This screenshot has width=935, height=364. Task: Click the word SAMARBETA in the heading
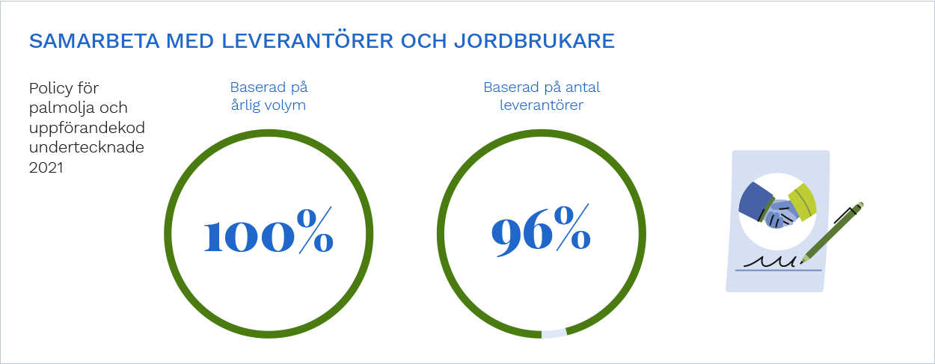coord(94,41)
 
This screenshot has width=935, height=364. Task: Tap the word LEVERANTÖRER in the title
coord(307,40)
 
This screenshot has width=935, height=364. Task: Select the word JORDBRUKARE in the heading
coord(534,41)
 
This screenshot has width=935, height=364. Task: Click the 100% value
coord(269,230)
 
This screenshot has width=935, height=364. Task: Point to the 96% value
coord(541,229)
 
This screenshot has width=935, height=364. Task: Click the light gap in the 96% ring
coord(554,333)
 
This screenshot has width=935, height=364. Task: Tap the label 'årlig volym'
coord(269,105)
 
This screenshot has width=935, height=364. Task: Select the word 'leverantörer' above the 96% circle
coord(542,105)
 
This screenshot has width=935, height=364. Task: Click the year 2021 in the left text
coord(46,167)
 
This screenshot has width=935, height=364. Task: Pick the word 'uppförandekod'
coord(87,129)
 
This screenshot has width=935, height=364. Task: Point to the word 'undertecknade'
coord(87,147)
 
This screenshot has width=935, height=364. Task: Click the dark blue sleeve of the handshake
coord(756,203)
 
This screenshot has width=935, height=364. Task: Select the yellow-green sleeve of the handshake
coord(803,201)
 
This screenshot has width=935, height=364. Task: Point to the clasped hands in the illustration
coord(781,214)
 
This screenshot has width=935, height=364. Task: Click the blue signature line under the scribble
coord(779,270)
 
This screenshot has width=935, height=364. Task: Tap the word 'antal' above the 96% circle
coord(582,87)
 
